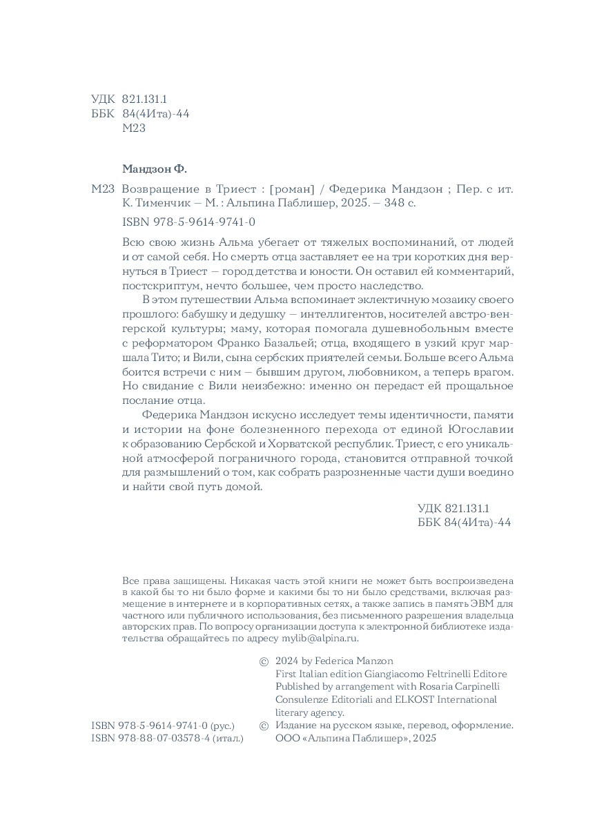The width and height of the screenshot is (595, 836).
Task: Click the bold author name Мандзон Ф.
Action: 155,169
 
